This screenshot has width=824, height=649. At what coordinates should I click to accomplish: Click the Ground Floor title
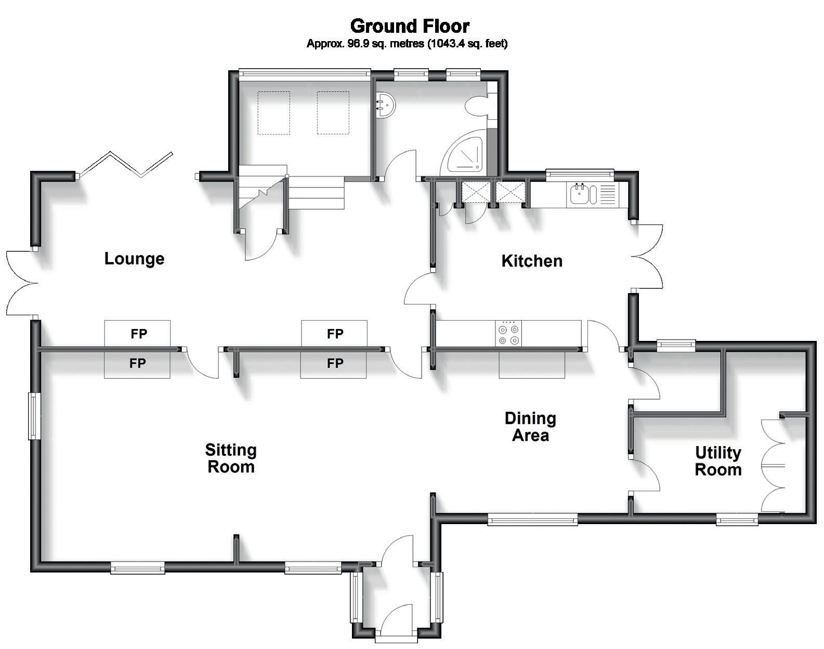(x=410, y=26)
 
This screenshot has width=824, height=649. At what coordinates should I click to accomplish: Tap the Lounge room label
(x=134, y=259)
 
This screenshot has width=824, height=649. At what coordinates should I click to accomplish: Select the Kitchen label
(x=531, y=261)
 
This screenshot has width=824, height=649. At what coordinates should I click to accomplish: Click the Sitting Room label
(x=231, y=458)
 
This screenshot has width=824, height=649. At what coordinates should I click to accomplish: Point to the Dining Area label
(x=530, y=426)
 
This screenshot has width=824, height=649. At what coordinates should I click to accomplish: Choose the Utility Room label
(x=718, y=461)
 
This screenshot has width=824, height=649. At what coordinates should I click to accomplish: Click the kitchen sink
(x=580, y=195)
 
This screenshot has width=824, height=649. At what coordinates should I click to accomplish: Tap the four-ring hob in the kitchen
(x=508, y=334)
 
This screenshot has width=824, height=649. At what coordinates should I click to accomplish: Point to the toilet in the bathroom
(x=476, y=107)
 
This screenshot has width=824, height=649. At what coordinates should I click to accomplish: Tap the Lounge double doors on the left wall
(x=21, y=283)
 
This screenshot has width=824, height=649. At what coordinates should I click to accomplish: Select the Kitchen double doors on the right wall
(x=649, y=257)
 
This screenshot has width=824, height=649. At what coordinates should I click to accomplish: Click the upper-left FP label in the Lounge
(x=138, y=334)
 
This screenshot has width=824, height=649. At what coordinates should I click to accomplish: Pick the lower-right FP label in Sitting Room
(x=335, y=363)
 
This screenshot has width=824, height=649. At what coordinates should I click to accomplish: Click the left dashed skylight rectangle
(x=273, y=113)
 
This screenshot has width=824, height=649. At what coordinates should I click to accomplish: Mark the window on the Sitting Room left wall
(x=34, y=415)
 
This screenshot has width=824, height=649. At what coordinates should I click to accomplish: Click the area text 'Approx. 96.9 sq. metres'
(x=365, y=44)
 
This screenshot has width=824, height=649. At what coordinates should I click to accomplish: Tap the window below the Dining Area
(x=532, y=518)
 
